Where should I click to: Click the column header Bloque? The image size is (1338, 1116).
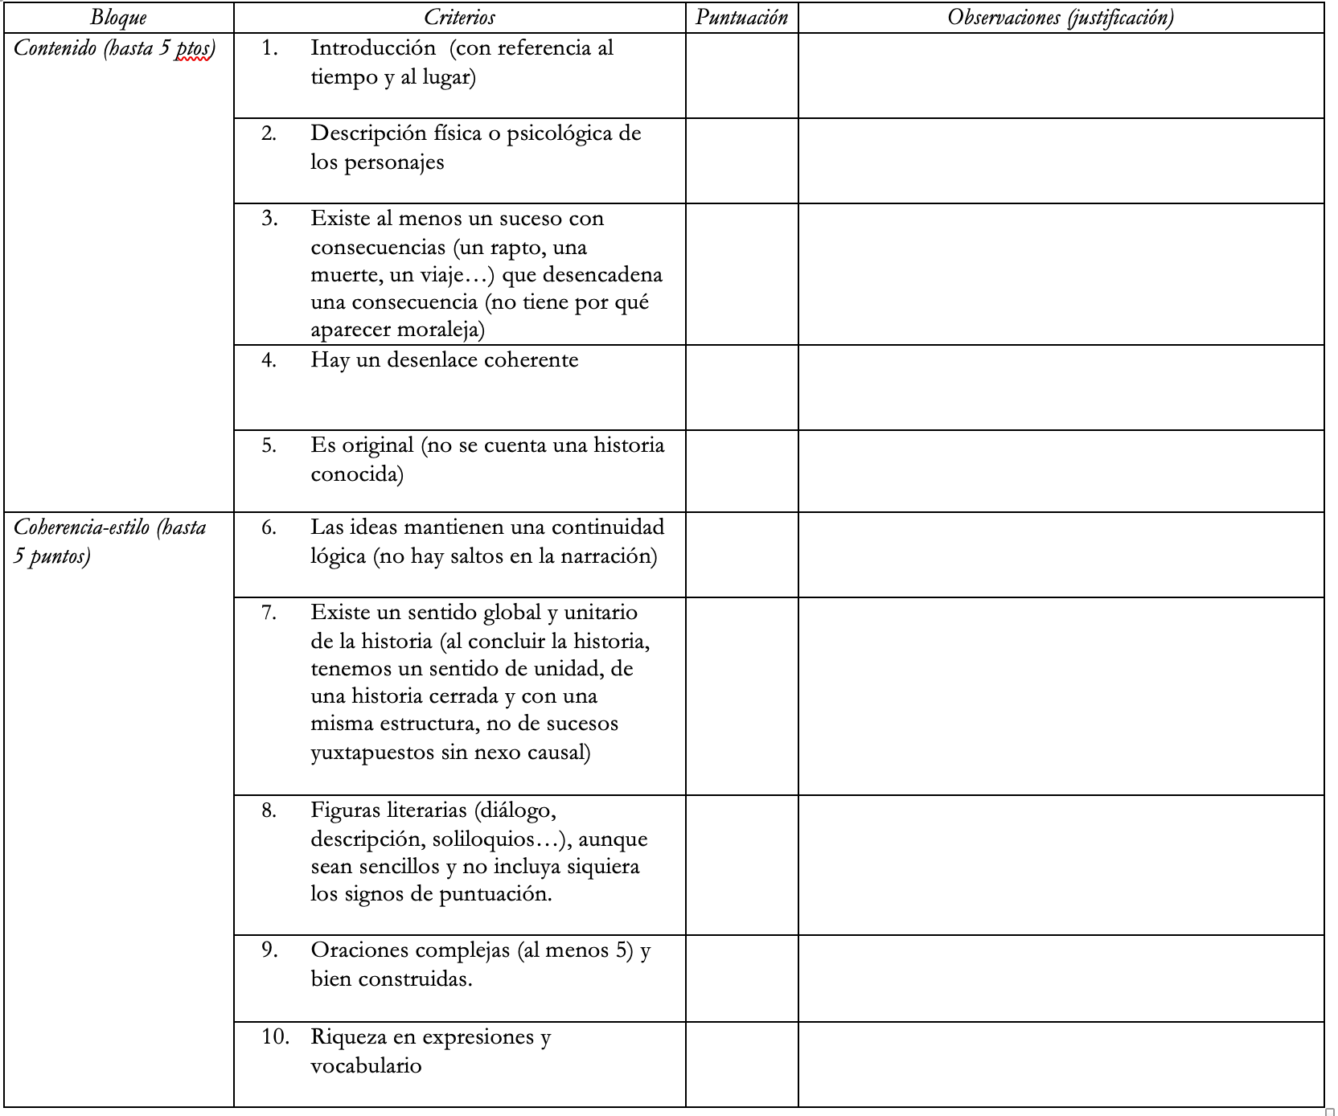[118, 17]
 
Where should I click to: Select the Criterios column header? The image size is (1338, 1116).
[459, 17]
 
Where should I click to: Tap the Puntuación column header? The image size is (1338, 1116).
[741, 17]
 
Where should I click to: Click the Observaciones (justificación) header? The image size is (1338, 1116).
[1061, 17]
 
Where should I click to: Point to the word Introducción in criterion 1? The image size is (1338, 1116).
[373, 48]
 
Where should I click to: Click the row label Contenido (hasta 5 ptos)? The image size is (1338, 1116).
[114, 48]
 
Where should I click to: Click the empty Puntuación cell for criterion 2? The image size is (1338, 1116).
[741, 161]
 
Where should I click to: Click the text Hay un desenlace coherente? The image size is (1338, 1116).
[445, 359]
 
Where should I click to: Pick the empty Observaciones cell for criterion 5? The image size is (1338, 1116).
[1061, 471]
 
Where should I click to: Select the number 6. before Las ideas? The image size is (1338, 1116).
[269, 527]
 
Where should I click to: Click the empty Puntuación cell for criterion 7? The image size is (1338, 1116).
[741, 695]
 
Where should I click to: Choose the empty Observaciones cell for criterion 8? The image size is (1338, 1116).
[1061, 865]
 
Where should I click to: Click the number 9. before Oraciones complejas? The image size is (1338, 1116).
[269, 950]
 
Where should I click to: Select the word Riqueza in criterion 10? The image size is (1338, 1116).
[348, 1037]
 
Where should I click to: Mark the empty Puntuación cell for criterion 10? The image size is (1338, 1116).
[741, 1065]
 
